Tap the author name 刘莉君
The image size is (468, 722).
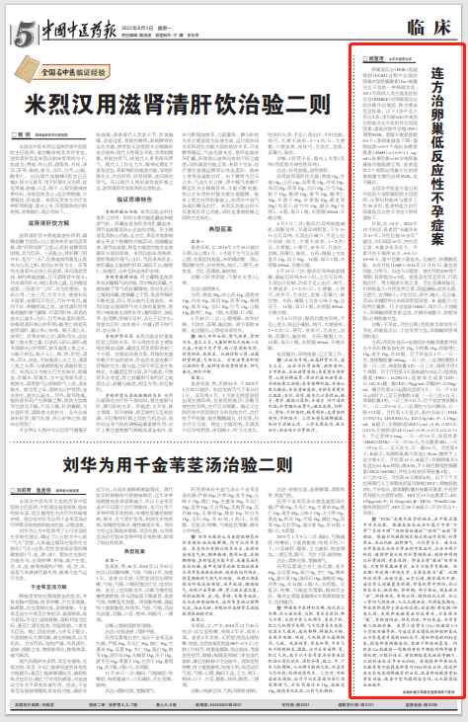coord(25,491)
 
